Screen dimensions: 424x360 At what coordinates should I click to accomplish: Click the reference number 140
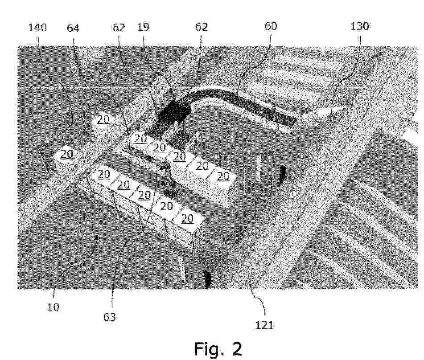point(37,28)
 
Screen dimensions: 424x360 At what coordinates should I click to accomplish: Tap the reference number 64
point(73,28)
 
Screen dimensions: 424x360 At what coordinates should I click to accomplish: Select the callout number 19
point(143,27)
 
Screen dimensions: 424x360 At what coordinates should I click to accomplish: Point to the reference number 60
point(271,26)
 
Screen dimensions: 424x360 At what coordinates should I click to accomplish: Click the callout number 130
point(360,26)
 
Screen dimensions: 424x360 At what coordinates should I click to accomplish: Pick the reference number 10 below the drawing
point(53,307)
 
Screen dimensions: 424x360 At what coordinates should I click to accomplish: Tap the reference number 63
point(110,317)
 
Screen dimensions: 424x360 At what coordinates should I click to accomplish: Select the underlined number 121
point(264,324)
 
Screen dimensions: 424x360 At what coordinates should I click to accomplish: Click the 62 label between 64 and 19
point(119,27)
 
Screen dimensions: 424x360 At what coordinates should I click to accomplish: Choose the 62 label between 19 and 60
point(202,27)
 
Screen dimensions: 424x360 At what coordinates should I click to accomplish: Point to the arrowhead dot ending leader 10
point(97,237)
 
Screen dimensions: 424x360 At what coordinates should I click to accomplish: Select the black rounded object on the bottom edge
point(208,279)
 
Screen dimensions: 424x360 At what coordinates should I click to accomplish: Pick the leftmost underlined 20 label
point(66,154)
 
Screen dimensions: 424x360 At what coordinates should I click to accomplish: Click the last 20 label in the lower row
point(187,219)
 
